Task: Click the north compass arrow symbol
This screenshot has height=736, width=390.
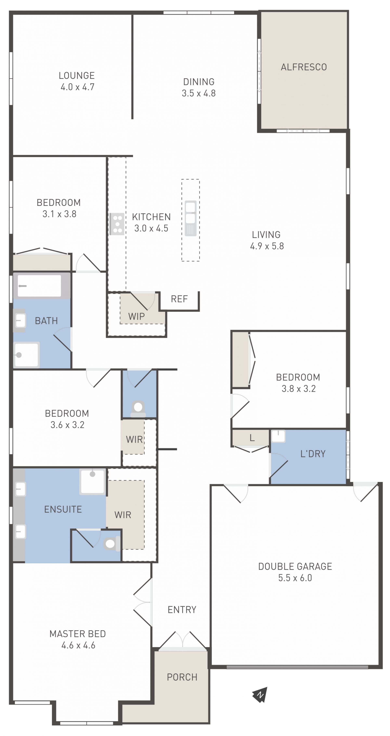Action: coord(260,695)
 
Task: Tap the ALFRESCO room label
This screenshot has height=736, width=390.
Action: coord(304,67)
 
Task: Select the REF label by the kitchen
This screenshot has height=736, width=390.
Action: coord(179,299)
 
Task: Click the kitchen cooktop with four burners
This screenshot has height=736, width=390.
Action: coord(117,224)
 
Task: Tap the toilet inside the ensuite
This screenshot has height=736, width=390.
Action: coord(112,544)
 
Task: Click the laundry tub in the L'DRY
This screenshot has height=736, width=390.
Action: coord(278,436)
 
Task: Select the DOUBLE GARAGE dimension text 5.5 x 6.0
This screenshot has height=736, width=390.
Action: coord(295,578)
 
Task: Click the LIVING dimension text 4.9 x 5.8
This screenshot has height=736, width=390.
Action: coord(267,246)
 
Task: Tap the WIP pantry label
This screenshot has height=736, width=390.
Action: coord(136,317)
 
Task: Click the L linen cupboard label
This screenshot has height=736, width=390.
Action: coord(252,438)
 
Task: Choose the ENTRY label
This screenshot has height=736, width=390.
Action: coord(182,610)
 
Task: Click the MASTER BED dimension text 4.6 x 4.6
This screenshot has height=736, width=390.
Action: coord(78,645)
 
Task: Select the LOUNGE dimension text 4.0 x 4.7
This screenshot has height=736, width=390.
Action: coord(77,87)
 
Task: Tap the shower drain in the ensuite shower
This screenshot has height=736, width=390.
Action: coord(92,474)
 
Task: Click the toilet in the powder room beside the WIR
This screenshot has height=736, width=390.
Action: coord(138,409)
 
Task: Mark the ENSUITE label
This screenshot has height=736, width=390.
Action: coord(63,509)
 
